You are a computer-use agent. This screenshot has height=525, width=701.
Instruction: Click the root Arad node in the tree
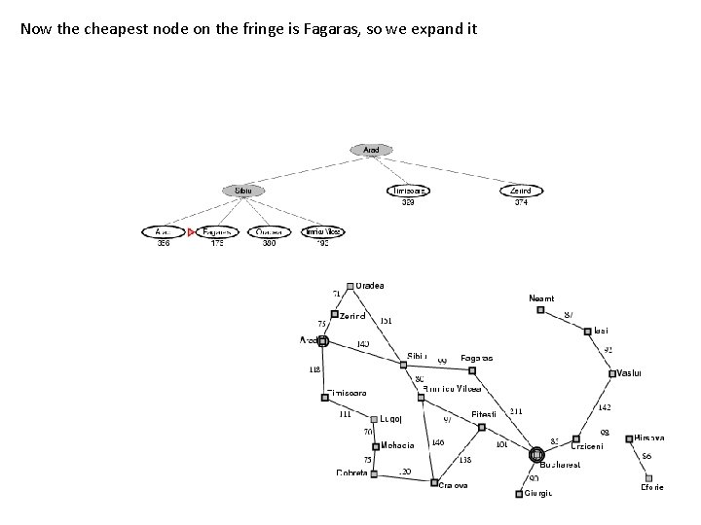coord(371,150)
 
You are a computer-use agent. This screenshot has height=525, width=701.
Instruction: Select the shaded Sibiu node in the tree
coord(243,191)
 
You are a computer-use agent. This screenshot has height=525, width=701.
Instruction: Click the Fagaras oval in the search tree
coord(217,232)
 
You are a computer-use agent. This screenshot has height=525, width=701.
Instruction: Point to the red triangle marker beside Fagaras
coord(192,232)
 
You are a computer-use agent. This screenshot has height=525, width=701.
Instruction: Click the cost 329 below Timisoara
coord(408,202)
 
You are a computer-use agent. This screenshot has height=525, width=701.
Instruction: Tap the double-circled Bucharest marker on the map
coord(535,454)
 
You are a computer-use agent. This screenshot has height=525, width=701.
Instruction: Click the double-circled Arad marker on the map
coord(323,341)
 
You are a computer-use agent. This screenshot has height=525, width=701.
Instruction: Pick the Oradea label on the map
coord(370,286)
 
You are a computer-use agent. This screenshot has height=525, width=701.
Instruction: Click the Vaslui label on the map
coord(631,372)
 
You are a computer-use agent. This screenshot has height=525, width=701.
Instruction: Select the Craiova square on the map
coord(434,482)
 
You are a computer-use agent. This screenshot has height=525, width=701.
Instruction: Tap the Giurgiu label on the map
coord(538,494)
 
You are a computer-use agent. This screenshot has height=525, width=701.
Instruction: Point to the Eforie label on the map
coord(652,487)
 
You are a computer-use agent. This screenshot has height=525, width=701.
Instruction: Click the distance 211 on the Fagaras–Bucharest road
coord(516,411)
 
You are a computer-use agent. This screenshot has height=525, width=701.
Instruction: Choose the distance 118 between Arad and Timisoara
coord(314,369)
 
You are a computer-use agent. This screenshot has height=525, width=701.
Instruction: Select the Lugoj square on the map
coord(374,420)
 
